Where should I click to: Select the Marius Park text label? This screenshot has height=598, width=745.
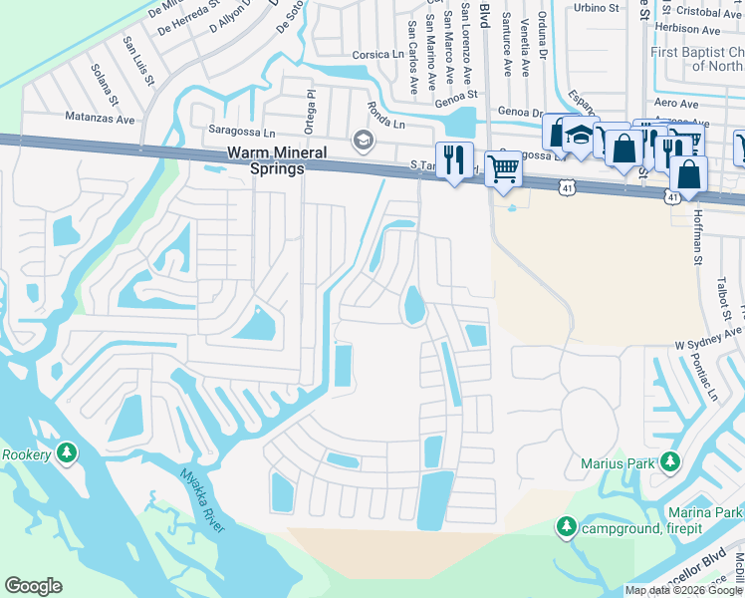click(619, 462)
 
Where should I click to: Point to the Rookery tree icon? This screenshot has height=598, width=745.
click(67, 453)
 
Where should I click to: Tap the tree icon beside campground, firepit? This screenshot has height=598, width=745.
click(567, 525)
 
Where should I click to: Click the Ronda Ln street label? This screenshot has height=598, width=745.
click(383, 111)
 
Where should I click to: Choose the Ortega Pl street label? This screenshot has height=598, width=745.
click(310, 102)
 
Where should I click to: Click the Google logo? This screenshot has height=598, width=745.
click(33, 586)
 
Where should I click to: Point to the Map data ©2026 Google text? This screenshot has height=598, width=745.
click(683, 590)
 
